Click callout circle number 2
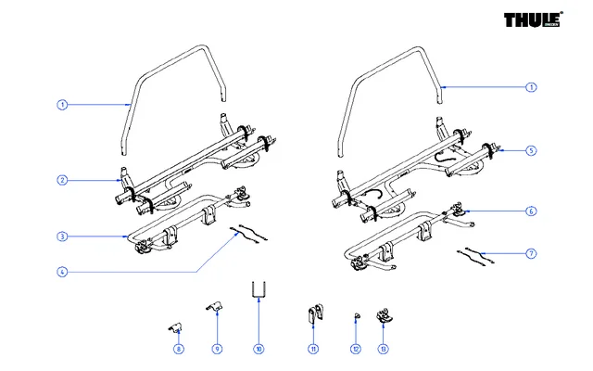61,180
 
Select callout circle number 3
61,237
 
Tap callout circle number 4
61,272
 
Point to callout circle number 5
531,149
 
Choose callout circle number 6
531,211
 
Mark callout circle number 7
531,253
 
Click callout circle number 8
179,349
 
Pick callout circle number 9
217,349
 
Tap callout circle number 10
259,349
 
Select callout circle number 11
314,349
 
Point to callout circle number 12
355,349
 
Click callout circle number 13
383,349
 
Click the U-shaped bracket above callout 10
259,291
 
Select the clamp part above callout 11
314,314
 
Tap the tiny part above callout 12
355,317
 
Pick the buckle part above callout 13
383,316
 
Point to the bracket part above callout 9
214,307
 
